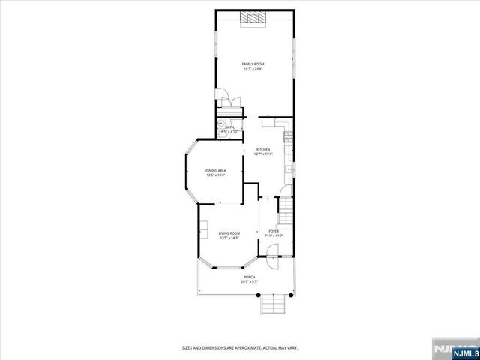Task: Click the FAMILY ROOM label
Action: click(253, 64)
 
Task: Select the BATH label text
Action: click(229, 127)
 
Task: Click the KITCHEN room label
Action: click(262, 149)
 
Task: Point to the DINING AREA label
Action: click(216, 172)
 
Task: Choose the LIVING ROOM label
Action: click(229, 233)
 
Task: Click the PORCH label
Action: click(249, 277)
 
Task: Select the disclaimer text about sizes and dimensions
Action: click(240, 347)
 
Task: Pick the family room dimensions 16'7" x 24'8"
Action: click(253, 68)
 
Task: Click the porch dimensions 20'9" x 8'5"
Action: click(249, 282)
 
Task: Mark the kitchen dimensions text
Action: click(262, 154)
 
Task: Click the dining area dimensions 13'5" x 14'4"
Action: click(216, 176)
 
